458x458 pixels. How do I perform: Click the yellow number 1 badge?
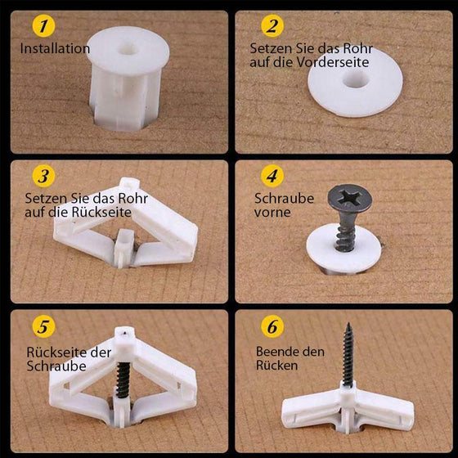point(43,25)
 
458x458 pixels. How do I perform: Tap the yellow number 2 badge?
point(272,25)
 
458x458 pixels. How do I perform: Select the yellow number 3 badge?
point(43,176)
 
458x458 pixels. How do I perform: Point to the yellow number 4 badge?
point(272,176)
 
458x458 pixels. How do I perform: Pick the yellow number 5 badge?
point(43,326)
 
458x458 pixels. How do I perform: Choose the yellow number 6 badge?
point(272,326)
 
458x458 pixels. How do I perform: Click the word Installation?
point(55,48)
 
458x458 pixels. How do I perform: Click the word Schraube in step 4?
point(285,198)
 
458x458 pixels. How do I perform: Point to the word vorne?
point(272,213)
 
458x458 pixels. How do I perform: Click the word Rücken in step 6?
point(276,366)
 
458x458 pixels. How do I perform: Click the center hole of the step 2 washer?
point(356,80)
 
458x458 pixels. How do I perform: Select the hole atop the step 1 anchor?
point(128,49)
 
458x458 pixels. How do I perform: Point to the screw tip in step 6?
point(348,324)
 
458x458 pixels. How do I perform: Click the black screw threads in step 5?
point(123,379)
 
